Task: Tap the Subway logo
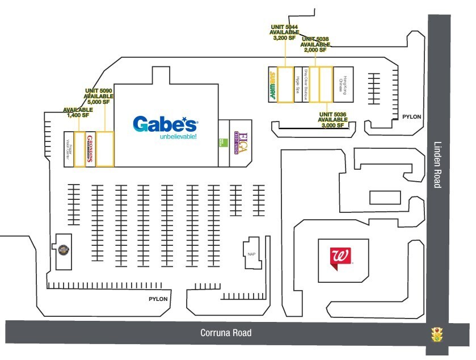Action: pyautogui.click(x=272, y=85)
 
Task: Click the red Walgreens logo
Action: pyautogui.click(x=342, y=257)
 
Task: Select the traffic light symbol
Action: pyautogui.click(x=437, y=334)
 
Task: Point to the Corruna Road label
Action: pyautogui.click(x=226, y=333)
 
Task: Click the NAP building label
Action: pyautogui.click(x=251, y=254)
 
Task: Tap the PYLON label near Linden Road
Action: pyautogui.click(x=412, y=116)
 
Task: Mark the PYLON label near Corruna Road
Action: pyautogui.click(x=158, y=299)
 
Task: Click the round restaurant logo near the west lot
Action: pyautogui.click(x=63, y=248)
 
